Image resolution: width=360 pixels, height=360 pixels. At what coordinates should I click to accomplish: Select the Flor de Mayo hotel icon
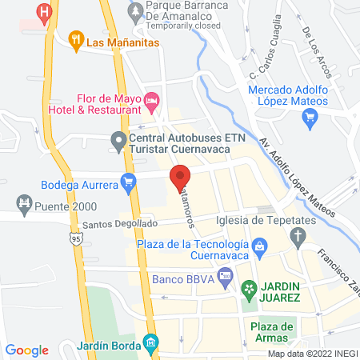(154, 102)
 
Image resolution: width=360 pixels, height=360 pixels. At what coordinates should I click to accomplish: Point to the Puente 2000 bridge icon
(23, 204)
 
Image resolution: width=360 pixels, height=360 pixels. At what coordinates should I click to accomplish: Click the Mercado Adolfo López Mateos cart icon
(310, 118)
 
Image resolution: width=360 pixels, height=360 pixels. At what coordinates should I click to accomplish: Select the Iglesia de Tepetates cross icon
(297, 235)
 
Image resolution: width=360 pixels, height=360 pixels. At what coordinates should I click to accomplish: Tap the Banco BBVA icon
(226, 279)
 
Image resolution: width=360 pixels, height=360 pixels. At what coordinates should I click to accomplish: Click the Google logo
(27, 350)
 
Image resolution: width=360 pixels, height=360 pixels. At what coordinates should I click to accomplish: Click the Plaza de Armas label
(273, 331)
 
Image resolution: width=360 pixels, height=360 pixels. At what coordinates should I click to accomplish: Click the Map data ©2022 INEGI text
(312, 354)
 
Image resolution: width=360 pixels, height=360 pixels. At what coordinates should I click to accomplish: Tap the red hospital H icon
(46, 12)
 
